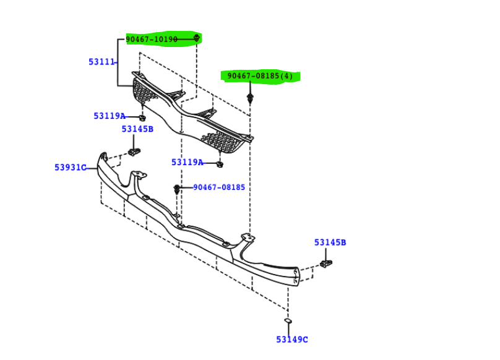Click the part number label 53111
101,62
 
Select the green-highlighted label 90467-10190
152,40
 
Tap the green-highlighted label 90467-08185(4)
260,76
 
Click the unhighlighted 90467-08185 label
219,187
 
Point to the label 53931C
70,167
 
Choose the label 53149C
291,339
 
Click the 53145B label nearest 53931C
137,129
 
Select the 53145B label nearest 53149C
330,242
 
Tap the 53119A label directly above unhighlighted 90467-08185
187,162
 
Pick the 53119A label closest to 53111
109,116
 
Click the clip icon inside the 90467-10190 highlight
197,39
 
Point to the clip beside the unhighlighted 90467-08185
178,187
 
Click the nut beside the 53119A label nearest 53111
142,117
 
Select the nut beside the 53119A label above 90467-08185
220,164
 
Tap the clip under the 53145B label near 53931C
134,152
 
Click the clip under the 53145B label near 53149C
325,265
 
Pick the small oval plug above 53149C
288,320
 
